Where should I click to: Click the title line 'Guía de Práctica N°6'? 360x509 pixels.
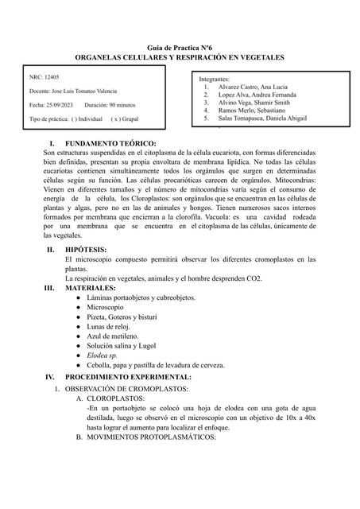tap(179, 49)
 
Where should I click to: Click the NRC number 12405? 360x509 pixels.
tap(48, 78)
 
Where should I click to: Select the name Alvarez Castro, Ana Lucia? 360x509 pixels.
tap(255, 87)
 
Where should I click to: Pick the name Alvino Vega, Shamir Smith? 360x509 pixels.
tap(255, 103)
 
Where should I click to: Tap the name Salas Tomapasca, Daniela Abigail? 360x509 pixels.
tap(266, 118)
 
